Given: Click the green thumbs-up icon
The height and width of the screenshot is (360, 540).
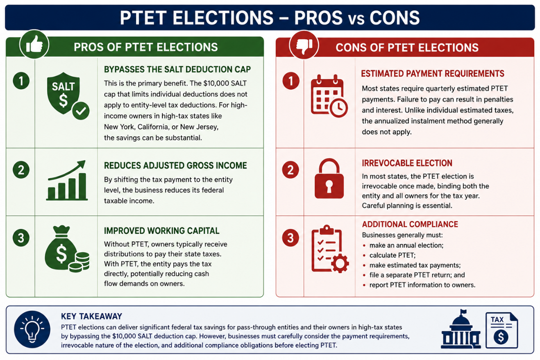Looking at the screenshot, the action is [34, 45].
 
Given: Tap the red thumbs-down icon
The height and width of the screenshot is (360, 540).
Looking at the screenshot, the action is [304, 45].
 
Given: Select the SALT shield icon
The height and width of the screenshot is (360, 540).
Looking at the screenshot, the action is [68, 96].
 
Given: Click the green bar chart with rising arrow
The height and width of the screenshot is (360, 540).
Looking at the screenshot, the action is [67, 180].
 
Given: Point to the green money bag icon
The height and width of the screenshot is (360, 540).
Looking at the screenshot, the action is [67, 249].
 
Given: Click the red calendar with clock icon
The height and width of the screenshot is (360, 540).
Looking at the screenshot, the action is [329, 96].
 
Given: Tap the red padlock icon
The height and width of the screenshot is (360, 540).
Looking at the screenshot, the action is [329, 179].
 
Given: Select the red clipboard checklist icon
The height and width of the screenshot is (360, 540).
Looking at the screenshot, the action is [330, 249].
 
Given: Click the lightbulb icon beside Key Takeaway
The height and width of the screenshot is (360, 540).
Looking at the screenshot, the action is [32, 329].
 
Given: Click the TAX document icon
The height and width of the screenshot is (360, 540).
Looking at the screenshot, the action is [501, 330].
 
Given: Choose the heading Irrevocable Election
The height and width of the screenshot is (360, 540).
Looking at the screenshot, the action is [407, 163].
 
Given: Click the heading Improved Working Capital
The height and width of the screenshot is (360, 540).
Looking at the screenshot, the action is [161, 231].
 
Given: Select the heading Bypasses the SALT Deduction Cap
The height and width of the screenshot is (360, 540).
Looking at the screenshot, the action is [177, 69].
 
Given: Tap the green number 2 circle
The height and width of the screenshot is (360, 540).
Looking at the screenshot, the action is [21, 170].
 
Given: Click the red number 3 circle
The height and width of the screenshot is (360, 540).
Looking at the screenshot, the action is [290, 238].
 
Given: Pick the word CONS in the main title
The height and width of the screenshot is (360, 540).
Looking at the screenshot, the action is [395, 18].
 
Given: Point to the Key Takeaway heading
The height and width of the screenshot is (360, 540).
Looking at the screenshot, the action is [92, 316].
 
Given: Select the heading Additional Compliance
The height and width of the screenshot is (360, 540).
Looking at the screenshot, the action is [410, 224].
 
